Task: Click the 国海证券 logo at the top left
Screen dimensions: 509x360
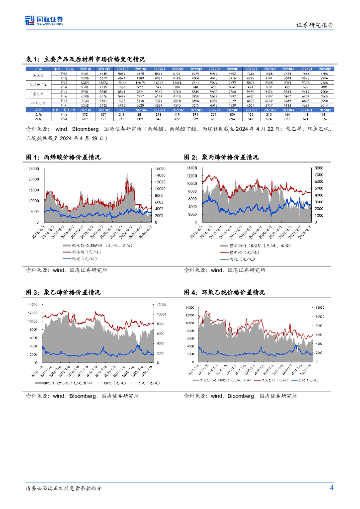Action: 44,20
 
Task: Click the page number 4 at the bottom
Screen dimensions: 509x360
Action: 332,488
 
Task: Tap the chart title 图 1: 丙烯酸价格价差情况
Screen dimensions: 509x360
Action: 63,158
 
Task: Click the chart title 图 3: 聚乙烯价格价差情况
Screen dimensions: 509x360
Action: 63,292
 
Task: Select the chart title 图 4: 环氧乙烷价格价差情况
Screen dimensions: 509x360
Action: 228,292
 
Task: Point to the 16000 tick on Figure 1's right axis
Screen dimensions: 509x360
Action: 161,169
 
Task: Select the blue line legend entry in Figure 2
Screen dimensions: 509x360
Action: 238,259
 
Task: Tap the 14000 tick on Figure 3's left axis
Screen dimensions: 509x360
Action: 33,304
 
